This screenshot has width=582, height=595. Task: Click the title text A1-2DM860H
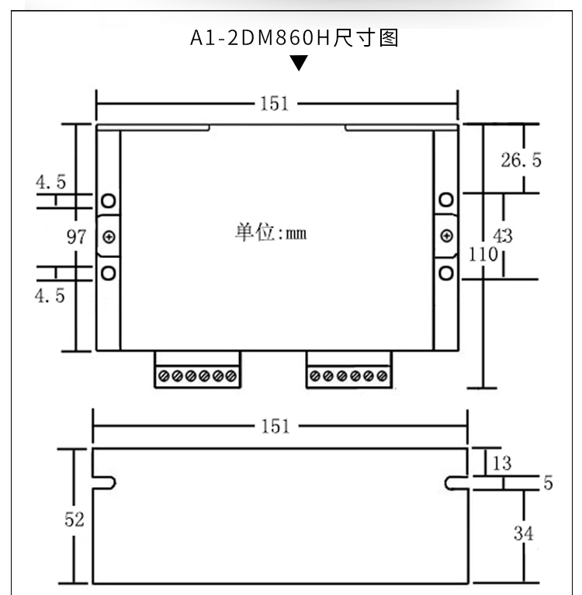[261, 38]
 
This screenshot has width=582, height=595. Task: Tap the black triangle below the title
[299, 63]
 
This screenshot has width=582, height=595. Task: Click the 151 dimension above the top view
[274, 103]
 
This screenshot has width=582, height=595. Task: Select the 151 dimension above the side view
[275, 426]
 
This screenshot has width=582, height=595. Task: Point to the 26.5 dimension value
[521, 160]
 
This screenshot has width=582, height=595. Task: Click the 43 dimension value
[503, 236]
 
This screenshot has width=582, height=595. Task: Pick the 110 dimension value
[483, 254]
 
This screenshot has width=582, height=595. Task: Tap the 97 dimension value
[77, 237]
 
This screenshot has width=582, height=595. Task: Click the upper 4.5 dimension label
[50, 182]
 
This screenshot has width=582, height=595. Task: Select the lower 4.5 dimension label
[50, 295]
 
